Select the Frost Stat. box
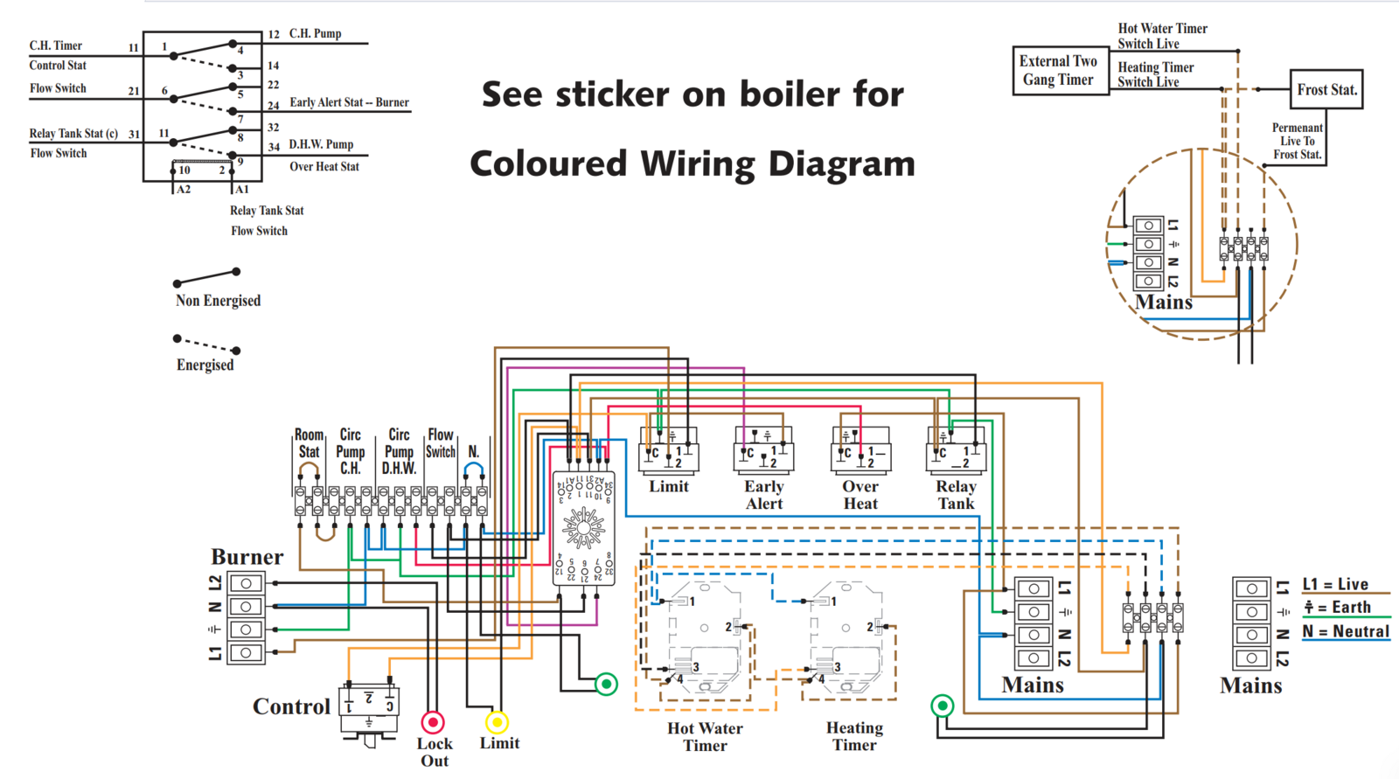1326,89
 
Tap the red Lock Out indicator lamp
433,722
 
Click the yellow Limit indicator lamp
497,722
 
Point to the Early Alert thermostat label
764,495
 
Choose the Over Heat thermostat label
860,495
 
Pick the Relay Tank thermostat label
956,495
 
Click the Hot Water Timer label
705,736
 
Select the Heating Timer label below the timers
854,736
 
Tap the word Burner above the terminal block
247,557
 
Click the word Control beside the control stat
291,706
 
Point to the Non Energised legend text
218,301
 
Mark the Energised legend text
205,365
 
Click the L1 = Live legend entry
1335,584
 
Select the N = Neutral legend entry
1346,631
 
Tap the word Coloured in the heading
548,163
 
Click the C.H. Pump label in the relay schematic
315,34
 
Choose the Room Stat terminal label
309,443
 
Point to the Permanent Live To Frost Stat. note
1297,141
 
